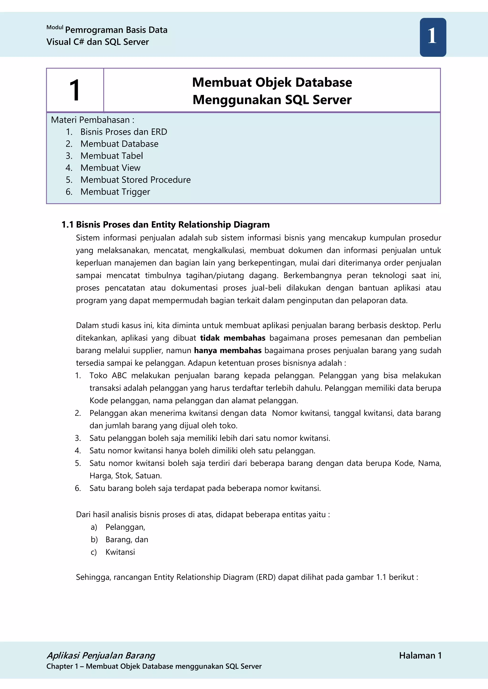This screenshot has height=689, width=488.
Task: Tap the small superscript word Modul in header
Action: (x=55, y=28)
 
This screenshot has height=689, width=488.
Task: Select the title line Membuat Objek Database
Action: (x=272, y=83)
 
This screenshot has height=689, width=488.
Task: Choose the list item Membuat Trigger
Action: (x=115, y=192)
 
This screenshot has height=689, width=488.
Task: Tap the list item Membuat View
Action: (x=110, y=168)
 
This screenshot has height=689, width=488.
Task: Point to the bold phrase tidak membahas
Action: (x=233, y=338)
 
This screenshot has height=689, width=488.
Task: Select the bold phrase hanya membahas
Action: (x=228, y=350)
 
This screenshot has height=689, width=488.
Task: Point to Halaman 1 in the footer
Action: (x=420, y=656)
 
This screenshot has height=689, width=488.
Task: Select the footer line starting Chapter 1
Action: (x=154, y=666)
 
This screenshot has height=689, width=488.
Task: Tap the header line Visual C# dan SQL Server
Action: (x=97, y=42)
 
